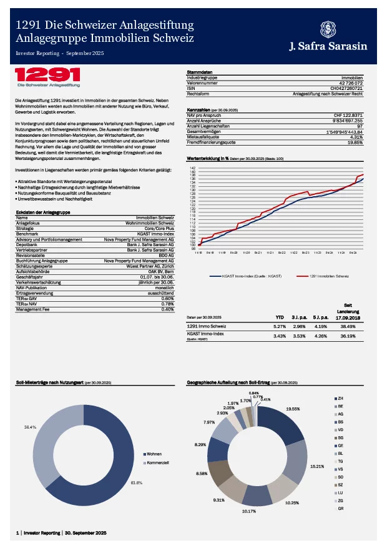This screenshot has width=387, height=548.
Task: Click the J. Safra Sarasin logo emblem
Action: (x=326, y=29)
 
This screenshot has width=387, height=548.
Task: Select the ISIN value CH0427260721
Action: (x=347, y=88)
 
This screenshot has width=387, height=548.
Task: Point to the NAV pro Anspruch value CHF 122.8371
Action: (x=348, y=114)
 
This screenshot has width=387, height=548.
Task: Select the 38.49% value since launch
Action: (x=348, y=326)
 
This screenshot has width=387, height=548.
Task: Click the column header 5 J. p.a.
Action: (x=321, y=317)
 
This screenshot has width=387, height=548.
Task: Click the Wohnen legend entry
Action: (x=154, y=454)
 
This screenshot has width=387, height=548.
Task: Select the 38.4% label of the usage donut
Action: (x=30, y=427)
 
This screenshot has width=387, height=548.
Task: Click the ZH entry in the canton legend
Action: (x=341, y=399)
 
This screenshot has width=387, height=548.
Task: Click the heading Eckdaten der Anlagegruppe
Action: (x=42, y=212)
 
